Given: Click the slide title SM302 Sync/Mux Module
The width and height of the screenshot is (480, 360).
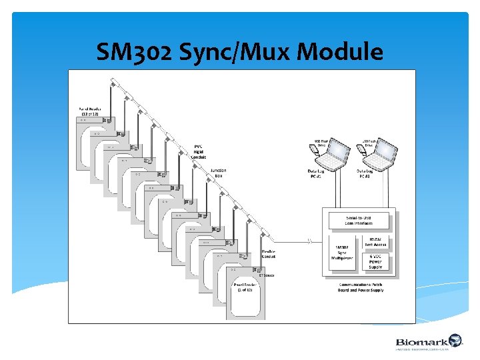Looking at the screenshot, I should pos(240,51).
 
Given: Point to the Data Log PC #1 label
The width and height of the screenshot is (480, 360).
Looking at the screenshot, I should pos(315,174).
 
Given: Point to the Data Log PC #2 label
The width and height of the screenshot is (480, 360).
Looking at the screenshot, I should pos(366,174).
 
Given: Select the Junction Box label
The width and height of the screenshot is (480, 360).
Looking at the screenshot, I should pos(218,173).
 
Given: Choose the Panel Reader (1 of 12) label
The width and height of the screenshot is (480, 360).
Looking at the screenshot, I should pos(242,287).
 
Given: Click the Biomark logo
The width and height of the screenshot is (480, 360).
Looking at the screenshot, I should pos(427,342).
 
